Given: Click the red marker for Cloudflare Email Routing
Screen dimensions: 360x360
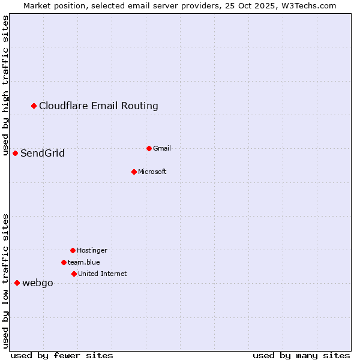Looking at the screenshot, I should click(x=34, y=106).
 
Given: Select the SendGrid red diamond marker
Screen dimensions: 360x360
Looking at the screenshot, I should click(x=16, y=154).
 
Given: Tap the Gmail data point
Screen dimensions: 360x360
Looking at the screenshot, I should click(x=149, y=148).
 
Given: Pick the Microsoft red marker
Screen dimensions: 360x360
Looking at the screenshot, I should click(x=134, y=172).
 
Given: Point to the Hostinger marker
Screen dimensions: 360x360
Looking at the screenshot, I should click(x=73, y=250).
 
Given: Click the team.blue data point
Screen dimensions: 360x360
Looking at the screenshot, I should click(x=64, y=262).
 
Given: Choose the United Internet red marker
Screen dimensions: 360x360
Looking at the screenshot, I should click(x=74, y=274).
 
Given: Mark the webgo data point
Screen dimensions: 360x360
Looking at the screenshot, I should click(x=17, y=283).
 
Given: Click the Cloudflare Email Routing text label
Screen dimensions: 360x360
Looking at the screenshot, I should click(x=98, y=106).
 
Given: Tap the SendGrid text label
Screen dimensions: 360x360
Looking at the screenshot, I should click(x=43, y=154).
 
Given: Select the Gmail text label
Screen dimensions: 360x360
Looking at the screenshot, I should click(x=162, y=148).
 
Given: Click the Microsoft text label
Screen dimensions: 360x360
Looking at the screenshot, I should click(x=152, y=172).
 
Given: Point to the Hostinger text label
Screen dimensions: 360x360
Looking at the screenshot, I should click(x=92, y=250).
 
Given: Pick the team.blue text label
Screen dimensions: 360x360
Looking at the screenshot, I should click(x=84, y=262).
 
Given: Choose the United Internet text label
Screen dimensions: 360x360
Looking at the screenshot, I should click(x=103, y=274).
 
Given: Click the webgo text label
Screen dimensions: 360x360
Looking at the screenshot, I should click(x=38, y=283).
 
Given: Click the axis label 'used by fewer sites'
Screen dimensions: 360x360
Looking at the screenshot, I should click(x=62, y=356).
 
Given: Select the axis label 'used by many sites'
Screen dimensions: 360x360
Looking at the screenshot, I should click(x=301, y=356).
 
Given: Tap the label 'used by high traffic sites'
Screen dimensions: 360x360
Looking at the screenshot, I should click(x=5, y=85).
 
